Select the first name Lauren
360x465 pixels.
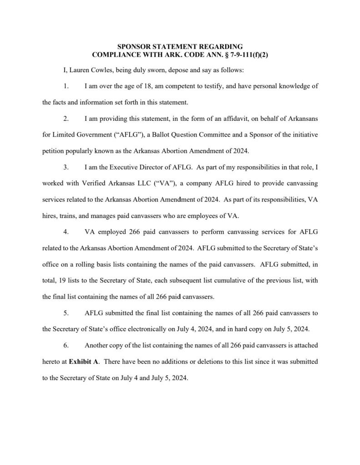80,71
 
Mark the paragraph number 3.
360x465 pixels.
66,167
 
